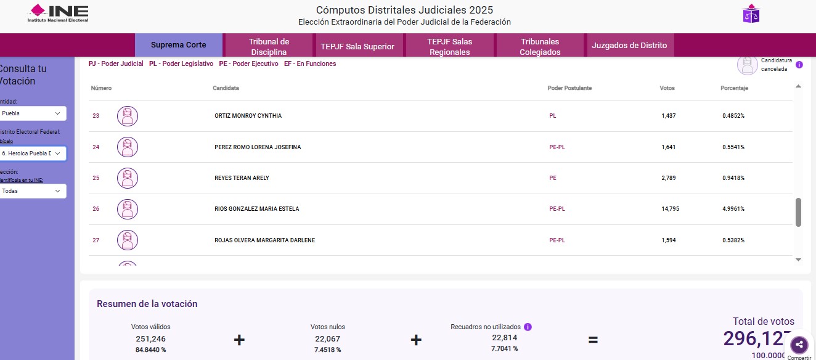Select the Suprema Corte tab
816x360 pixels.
[178, 45]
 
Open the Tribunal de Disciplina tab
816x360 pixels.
[269, 46]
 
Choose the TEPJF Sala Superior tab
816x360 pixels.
[357, 46]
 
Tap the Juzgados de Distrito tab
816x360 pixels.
[629, 46]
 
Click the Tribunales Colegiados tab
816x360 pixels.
[540, 46]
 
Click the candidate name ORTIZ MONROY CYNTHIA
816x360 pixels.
[248, 116]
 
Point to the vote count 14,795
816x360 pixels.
[670, 209]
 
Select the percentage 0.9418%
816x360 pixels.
[733, 178]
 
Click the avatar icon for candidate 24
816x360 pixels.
[128, 147]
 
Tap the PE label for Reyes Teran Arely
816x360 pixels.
[553, 178]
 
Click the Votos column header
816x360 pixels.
[667, 88]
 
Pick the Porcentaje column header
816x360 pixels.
[734, 88]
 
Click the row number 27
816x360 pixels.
[96, 240]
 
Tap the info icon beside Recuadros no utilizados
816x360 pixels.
[528, 327]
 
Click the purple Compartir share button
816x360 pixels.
[799, 345]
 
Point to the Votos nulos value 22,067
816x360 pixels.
[327, 338]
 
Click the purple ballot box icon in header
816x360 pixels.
[751, 14]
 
